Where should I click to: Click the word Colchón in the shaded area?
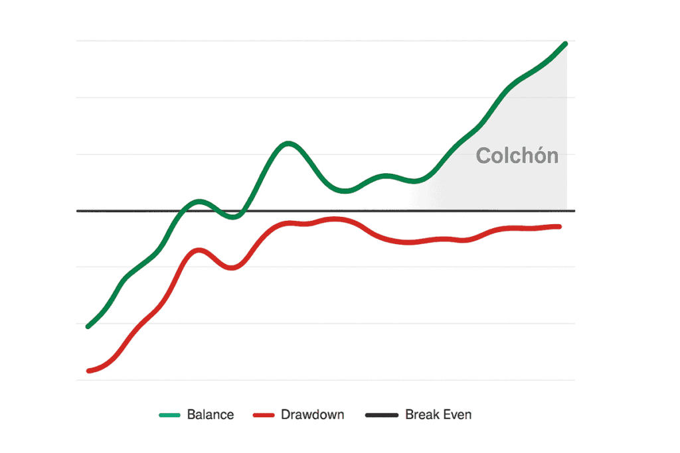point(517,156)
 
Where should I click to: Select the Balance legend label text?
point(211,415)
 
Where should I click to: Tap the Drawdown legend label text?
point(312,415)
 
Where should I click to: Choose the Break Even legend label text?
point(438,415)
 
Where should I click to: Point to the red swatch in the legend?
point(264,415)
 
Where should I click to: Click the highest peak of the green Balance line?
point(565,44)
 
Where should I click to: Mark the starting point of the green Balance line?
point(88,326)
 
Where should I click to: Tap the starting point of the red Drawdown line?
point(88,371)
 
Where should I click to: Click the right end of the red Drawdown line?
point(560,227)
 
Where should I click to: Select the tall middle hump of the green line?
point(288,143)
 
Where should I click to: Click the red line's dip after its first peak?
point(230,268)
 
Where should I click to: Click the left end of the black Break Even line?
point(78,211)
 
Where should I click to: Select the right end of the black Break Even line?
point(574,211)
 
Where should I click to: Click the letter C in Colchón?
point(484,157)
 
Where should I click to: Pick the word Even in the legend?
point(457,415)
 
